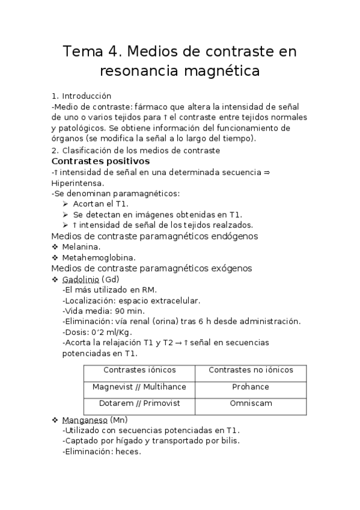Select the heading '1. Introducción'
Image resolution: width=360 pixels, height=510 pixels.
pos(82,96)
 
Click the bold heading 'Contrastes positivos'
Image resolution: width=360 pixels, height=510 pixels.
pos(101,161)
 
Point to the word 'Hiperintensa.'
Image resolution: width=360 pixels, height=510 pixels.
pos(78,183)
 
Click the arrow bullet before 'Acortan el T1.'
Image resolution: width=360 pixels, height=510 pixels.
pos(66,204)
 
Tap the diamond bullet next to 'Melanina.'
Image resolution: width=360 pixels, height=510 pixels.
pos(55,247)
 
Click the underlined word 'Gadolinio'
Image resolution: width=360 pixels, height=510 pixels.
pos(81,280)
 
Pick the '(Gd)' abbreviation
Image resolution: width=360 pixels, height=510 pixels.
pos(111,280)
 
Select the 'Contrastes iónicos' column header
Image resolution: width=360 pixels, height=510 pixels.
pos(139,370)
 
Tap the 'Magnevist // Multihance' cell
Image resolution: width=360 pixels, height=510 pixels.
pos(139,387)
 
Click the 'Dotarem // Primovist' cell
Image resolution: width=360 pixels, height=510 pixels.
pos(139,404)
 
